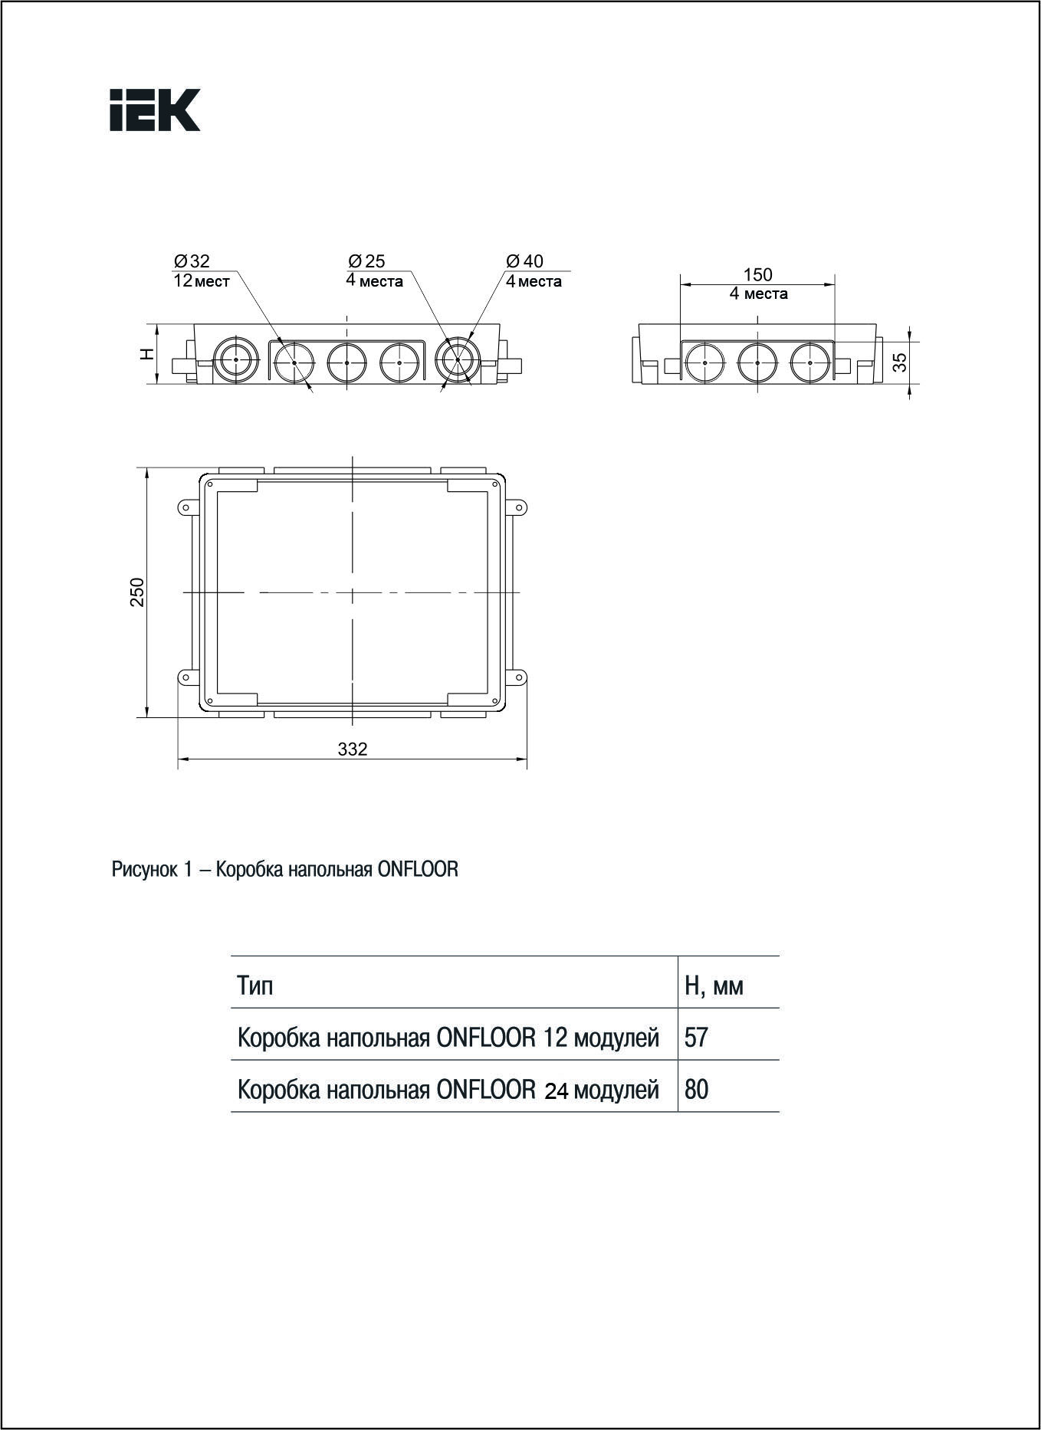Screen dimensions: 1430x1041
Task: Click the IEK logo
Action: [155, 110]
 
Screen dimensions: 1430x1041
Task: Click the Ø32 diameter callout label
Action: [192, 261]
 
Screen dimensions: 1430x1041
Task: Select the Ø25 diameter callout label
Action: [366, 261]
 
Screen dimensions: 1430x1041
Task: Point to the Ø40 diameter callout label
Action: [525, 261]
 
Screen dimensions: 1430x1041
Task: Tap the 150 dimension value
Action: [757, 274]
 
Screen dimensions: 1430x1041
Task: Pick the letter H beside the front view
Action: [147, 354]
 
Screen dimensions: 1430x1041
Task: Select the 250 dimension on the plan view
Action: [136, 592]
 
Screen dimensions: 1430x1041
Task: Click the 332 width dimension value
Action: [353, 749]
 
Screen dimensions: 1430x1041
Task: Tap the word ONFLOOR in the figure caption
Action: [418, 869]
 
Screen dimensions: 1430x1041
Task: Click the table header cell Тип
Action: [255, 985]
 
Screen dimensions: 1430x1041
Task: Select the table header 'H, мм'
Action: [714, 985]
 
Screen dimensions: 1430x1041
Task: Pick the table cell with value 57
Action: [696, 1038]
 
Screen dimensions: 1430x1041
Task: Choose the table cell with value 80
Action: [696, 1089]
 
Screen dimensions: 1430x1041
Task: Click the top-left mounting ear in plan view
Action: [186, 507]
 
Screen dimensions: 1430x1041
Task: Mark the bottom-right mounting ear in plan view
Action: [518, 677]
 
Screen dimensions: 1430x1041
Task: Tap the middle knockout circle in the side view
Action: [757, 362]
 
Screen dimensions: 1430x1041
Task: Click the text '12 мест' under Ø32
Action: [202, 281]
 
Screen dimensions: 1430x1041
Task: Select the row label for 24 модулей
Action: [448, 1089]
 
